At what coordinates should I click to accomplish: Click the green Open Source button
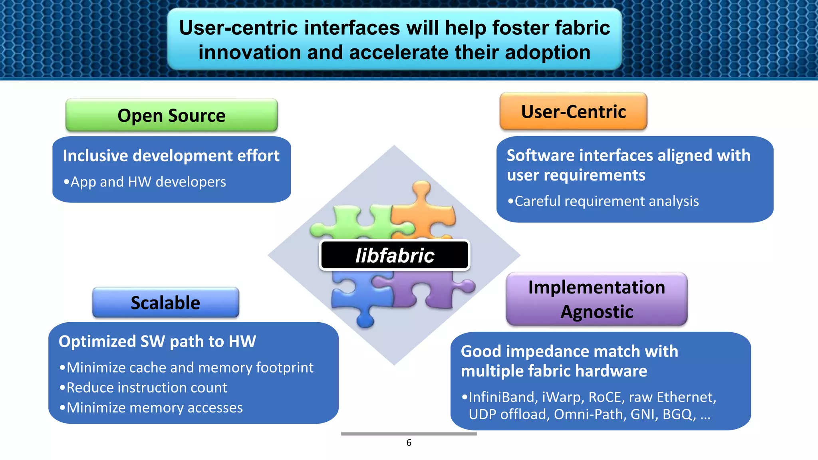[x=171, y=115]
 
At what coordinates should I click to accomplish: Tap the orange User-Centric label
[x=573, y=111]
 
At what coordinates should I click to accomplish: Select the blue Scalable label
[x=165, y=303]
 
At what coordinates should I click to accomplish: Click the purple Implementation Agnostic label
[x=596, y=299]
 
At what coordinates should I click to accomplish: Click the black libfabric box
[x=395, y=255]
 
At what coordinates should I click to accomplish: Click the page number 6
[x=409, y=442]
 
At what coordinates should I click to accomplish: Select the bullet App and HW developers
[x=148, y=182]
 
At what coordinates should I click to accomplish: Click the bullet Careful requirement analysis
[x=606, y=201]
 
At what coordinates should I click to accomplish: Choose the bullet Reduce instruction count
[x=146, y=388]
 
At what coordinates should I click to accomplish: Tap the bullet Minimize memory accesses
[x=154, y=408]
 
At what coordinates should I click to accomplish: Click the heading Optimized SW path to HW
[x=157, y=341]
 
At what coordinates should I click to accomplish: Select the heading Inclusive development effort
[x=171, y=156]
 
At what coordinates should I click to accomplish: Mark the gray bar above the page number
[x=409, y=434]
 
